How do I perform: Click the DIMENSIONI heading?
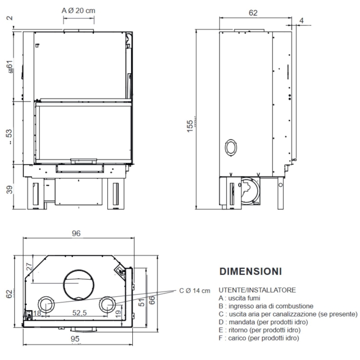pos(250,271)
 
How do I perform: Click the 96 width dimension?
pos(76,234)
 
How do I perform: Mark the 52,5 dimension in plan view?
pos(80,312)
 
